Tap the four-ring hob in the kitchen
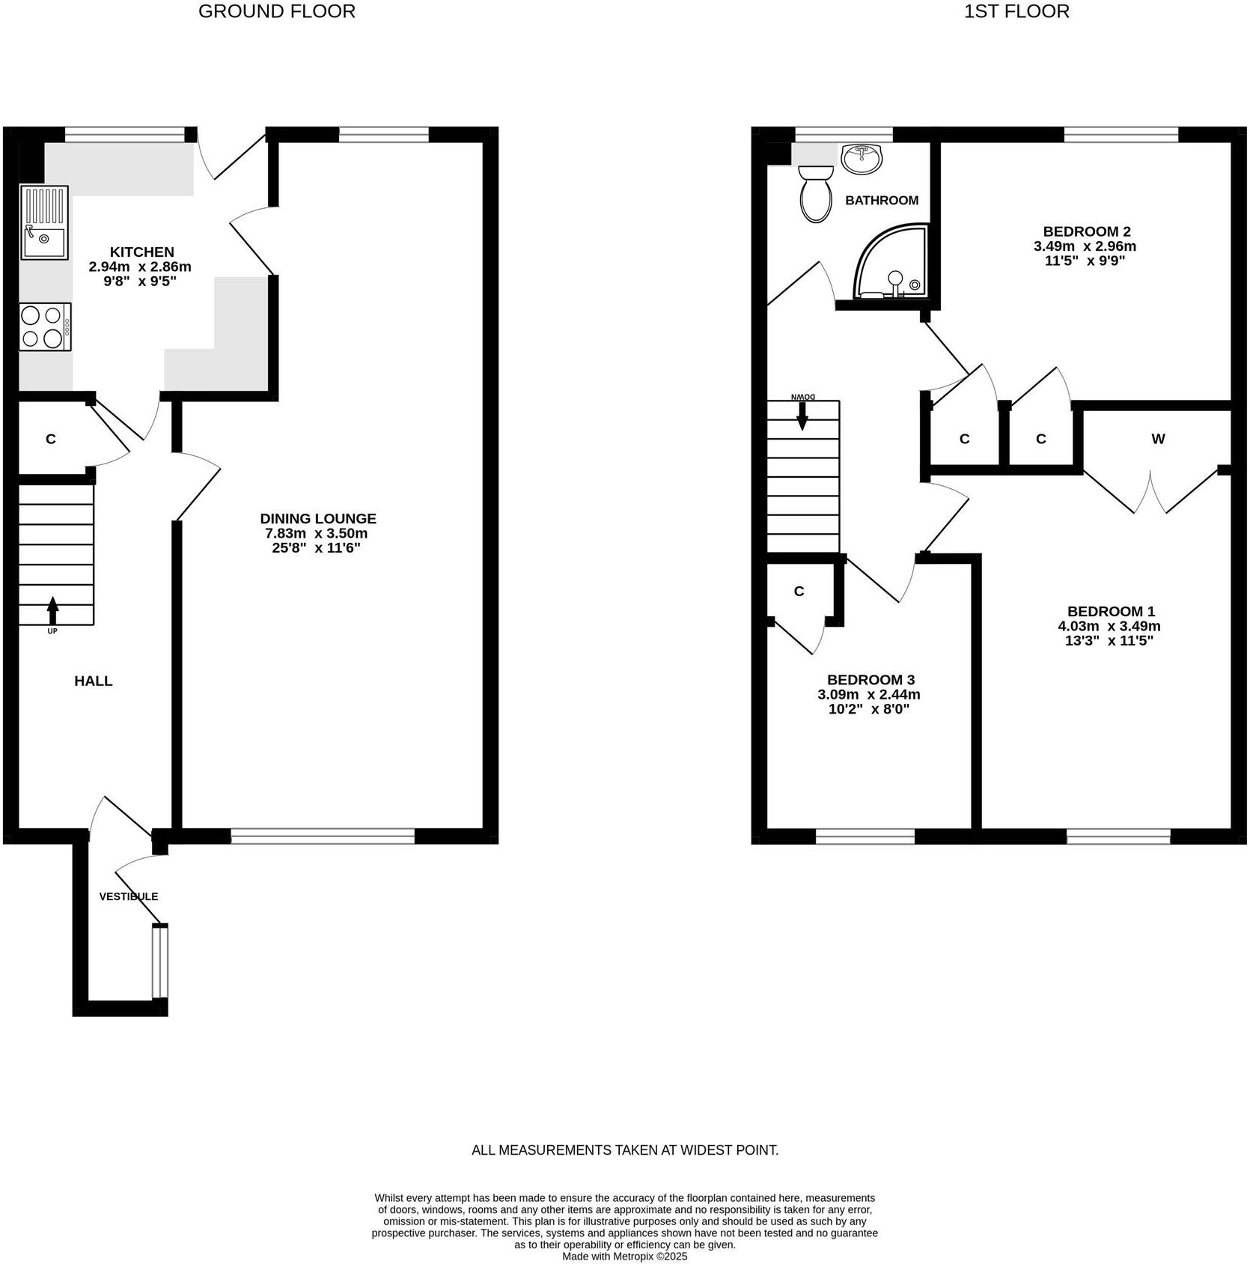(45, 326)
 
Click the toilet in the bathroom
(816, 194)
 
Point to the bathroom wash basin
(862, 159)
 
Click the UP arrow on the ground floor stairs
(52, 610)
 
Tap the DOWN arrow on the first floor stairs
(802, 416)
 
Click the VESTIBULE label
(129, 896)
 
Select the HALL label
(94, 681)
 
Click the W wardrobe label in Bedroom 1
(1158, 439)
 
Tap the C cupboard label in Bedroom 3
(799, 592)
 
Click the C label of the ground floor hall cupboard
(51, 439)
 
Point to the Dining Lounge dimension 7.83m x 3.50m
(317, 533)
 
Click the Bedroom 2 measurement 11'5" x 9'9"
(1085, 261)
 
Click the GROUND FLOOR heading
(276, 11)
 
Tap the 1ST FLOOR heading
(1016, 11)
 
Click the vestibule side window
(159, 962)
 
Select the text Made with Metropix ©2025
(624, 1257)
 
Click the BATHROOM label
(882, 200)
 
